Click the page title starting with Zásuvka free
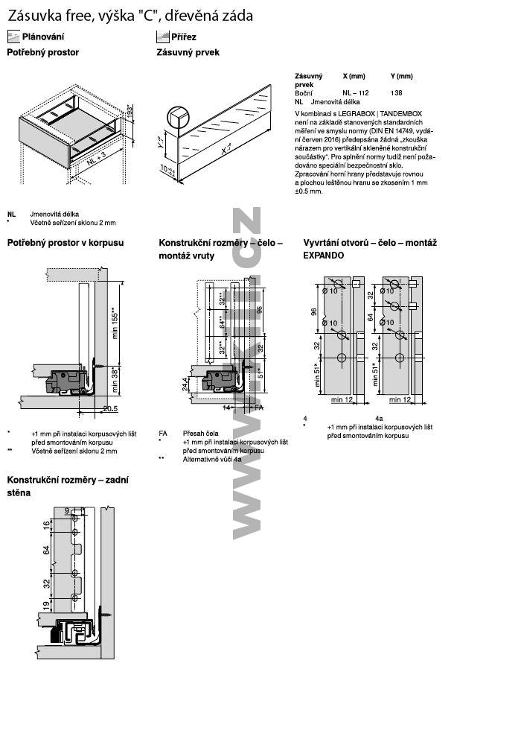click(x=130, y=15)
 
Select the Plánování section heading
click(x=43, y=37)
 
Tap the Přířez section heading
click(x=185, y=37)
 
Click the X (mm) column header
click(x=354, y=77)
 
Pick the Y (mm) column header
click(x=401, y=77)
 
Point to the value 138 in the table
click(x=396, y=92)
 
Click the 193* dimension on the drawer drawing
click(x=129, y=112)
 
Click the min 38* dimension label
click(x=114, y=376)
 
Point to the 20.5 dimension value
click(x=110, y=408)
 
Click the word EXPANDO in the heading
click(x=324, y=255)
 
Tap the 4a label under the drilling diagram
click(x=379, y=418)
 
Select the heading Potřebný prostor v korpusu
click(x=65, y=243)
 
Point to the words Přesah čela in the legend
click(x=200, y=433)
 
